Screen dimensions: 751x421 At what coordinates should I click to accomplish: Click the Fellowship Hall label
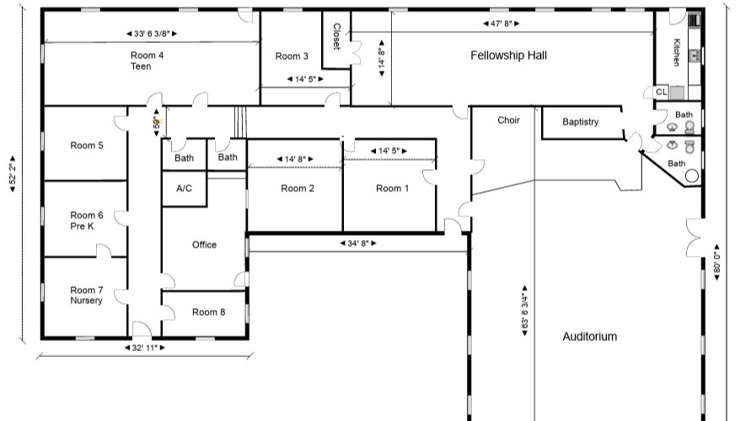click(508, 56)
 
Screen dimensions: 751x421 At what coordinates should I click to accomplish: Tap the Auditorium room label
click(590, 336)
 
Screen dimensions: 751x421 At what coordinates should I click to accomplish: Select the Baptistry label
click(581, 122)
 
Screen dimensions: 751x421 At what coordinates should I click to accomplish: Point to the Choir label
click(508, 120)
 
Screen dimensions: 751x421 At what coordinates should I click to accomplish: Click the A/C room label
click(184, 189)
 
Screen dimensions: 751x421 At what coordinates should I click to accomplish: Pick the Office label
click(204, 244)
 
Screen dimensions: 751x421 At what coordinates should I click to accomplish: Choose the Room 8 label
click(208, 312)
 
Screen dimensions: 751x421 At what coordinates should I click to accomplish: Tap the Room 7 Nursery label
click(86, 296)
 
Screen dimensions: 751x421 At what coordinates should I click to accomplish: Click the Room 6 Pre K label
click(86, 221)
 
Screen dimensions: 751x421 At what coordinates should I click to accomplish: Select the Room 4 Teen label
click(147, 61)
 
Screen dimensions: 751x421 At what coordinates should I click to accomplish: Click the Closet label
click(336, 36)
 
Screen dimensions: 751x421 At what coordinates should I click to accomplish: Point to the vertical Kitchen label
click(676, 52)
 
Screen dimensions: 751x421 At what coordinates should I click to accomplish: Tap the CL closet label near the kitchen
click(662, 92)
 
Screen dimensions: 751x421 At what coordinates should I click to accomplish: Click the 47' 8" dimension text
click(501, 24)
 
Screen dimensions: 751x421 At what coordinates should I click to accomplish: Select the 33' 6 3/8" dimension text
click(152, 34)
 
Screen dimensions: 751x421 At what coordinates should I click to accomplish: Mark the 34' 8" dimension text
click(357, 243)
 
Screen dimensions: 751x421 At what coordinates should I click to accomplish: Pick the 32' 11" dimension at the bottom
click(145, 348)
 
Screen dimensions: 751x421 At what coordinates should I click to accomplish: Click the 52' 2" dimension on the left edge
click(13, 173)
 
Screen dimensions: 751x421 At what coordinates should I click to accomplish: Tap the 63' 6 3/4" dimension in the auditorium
click(524, 311)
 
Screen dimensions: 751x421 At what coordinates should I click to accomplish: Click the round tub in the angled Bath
click(692, 176)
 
